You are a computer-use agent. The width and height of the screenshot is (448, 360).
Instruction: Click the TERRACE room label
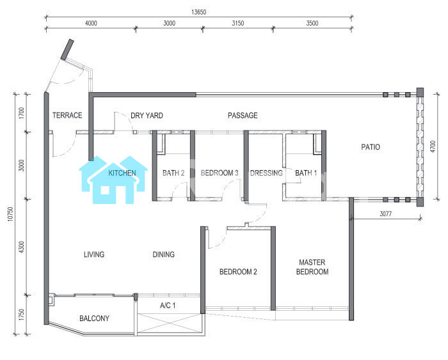point(67,115)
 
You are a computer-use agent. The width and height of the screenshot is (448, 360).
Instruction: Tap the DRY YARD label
point(147,116)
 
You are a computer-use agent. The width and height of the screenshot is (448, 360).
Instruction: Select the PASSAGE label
point(243,115)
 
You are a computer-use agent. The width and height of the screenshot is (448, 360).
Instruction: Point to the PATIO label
point(371,147)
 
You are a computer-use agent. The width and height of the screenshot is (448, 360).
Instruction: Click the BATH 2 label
point(173,173)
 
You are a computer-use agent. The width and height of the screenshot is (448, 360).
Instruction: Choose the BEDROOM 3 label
point(220,173)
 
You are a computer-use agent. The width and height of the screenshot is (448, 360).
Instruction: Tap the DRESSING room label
point(266,173)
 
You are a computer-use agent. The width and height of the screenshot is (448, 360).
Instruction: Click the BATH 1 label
point(306,173)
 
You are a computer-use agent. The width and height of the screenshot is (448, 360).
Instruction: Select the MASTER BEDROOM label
point(312,267)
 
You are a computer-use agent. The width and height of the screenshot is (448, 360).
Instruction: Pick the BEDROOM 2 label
point(238,272)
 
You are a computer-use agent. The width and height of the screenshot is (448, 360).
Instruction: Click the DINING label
point(163,254)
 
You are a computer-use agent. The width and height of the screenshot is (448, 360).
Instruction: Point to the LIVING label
point(94,254)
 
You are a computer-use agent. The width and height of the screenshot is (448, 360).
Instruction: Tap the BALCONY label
point(94,318)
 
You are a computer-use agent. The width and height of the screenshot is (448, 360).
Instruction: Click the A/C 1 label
point(168,306)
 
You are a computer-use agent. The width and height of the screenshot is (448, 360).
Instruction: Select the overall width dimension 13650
point(198,12)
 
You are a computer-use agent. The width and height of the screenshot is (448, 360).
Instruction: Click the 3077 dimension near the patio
point(385,214)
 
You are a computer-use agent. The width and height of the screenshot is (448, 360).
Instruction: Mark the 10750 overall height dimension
point(10,214)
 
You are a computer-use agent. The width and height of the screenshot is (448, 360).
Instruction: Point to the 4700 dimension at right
point(433,146)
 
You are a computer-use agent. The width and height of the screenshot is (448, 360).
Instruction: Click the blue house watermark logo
point(113,180)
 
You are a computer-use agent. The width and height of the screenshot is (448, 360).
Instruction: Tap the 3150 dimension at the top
point(237,23)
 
